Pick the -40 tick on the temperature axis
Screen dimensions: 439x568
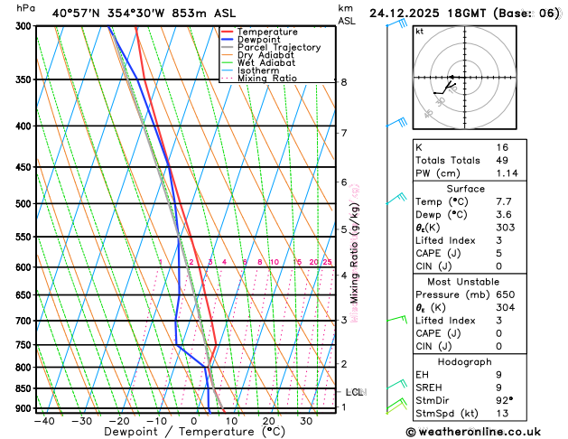pos(43,421)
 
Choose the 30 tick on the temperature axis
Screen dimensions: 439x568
pos(306,421)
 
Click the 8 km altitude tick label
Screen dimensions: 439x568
pos(344,82)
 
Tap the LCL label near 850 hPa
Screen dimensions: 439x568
pos(355,392)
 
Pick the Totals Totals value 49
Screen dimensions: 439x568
pos(503,161)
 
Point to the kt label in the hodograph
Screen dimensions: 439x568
pos(420,32)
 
